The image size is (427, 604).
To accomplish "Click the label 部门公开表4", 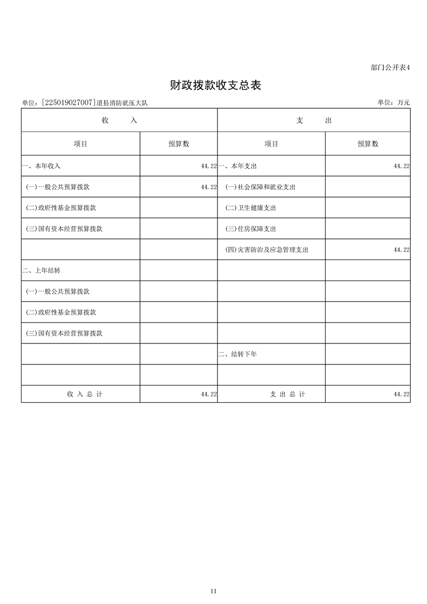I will click(x=390, y=68).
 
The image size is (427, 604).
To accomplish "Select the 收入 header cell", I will click(x=120, y=121).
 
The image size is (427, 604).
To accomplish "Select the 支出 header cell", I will click(x=314, y=121).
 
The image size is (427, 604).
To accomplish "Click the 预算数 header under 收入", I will click(x=179, y=144).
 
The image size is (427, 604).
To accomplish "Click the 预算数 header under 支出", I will click(x=368, y=144).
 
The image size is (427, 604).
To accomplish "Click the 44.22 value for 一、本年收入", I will click(x=208, y=166).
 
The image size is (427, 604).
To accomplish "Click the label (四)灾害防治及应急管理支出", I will click(x=267, y=250).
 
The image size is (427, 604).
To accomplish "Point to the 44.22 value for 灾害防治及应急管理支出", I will click(x=402, y=250).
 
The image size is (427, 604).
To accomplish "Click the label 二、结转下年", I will click(x=237, y=354).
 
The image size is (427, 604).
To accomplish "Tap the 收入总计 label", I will click(x=85, y=394).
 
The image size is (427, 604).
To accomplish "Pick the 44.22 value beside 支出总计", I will click(x=402, y=394).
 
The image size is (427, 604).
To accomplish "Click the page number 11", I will click(x=214, y=591).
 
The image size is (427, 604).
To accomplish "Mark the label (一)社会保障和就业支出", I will click(x=260, y=187).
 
